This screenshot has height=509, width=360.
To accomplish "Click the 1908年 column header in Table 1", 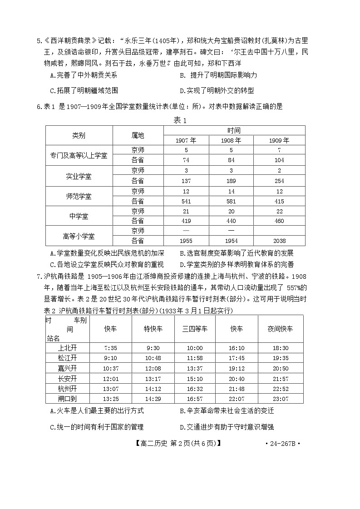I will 231,140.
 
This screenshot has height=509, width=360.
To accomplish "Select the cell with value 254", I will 279,180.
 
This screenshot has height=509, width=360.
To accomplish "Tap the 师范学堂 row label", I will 79,196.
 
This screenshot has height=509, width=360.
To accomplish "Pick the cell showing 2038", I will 279,241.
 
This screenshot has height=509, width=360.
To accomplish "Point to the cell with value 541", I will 186,201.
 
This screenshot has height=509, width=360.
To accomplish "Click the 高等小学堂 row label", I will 79,236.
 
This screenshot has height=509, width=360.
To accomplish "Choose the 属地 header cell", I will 138,135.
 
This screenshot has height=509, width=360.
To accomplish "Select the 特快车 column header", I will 153,329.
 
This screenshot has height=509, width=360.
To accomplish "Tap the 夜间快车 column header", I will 280,329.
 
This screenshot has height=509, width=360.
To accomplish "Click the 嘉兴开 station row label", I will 68,368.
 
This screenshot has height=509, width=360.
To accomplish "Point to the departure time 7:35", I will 110,348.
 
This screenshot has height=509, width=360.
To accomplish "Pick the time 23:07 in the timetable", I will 280,398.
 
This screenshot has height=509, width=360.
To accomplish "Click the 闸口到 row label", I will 68,398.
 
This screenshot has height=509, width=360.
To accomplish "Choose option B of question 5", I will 218,75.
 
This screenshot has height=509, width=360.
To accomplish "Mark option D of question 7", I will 227,427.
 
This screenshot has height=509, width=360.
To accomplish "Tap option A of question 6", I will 107,253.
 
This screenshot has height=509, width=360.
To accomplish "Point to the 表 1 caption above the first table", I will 180,120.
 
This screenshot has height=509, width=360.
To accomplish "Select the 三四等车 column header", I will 195,329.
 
